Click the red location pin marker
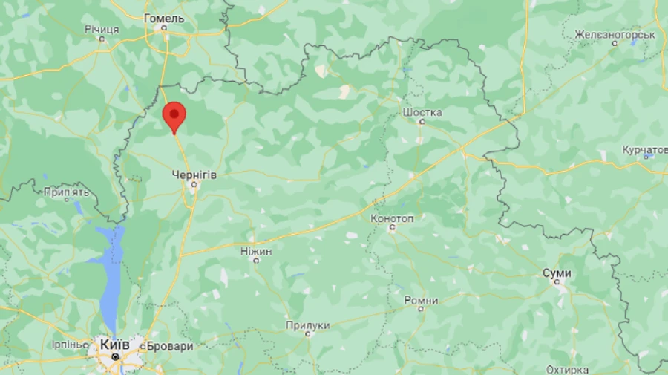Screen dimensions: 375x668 (174, 116)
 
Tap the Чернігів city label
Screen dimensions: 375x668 (194, 174)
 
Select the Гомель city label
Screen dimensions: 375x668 (164, 17)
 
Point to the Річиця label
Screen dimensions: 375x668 (102, 29)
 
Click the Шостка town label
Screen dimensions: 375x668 (422, 112)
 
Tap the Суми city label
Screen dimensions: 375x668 (557, 273)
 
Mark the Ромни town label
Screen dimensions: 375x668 (421, 300)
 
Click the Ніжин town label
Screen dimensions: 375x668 (256, 252)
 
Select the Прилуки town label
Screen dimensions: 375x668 (307, 325)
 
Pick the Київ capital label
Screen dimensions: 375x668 (115, 345)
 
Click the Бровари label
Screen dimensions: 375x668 (170, 346)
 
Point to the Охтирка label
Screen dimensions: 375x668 (567, 369)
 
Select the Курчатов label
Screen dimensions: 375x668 (644, 150)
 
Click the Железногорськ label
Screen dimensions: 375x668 (615, 34)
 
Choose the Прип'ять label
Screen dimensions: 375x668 (67, 192)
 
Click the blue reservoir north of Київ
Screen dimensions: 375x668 (111, 275)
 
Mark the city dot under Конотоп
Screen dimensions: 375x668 (392, 228)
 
